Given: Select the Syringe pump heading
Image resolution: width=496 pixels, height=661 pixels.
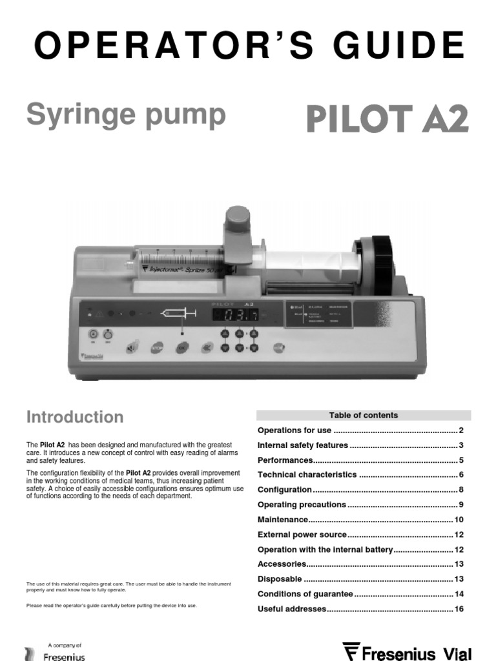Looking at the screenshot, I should [126, 115].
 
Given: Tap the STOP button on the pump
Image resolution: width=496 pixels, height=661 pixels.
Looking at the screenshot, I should [157, 348].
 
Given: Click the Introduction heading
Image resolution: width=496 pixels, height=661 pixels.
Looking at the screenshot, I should [75, 417].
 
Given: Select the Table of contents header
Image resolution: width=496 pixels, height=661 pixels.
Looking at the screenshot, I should [364, 415].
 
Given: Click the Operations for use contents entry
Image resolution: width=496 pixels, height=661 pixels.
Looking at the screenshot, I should [294, 431].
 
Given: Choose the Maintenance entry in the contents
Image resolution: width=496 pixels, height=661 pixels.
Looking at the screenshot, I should [283, 520].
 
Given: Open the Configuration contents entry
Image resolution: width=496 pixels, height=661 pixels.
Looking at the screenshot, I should [285, 490].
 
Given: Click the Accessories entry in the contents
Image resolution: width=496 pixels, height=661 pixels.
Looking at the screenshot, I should [282, 564].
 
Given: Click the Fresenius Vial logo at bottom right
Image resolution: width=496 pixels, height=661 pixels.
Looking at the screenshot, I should [413, 650].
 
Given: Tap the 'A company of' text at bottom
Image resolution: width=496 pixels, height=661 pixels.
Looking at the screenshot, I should [65, 645].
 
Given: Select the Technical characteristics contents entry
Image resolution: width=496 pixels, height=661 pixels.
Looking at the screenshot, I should [307, 475].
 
